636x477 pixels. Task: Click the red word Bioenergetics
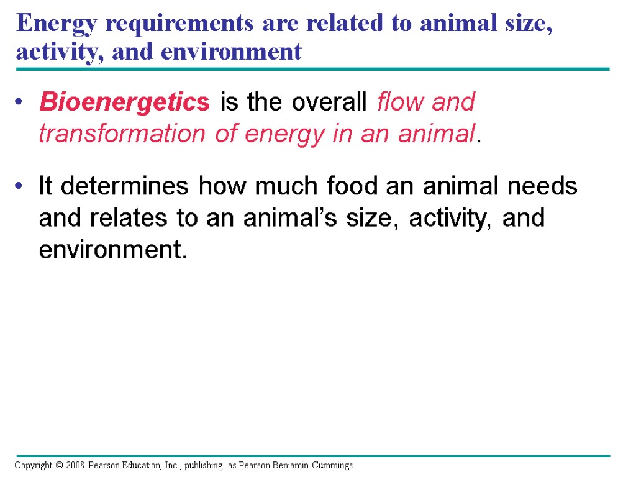point(124,102)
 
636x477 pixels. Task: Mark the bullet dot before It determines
point(20,186)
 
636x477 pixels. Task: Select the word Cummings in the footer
point(333,465)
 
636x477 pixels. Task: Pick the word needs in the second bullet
point(545,186)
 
